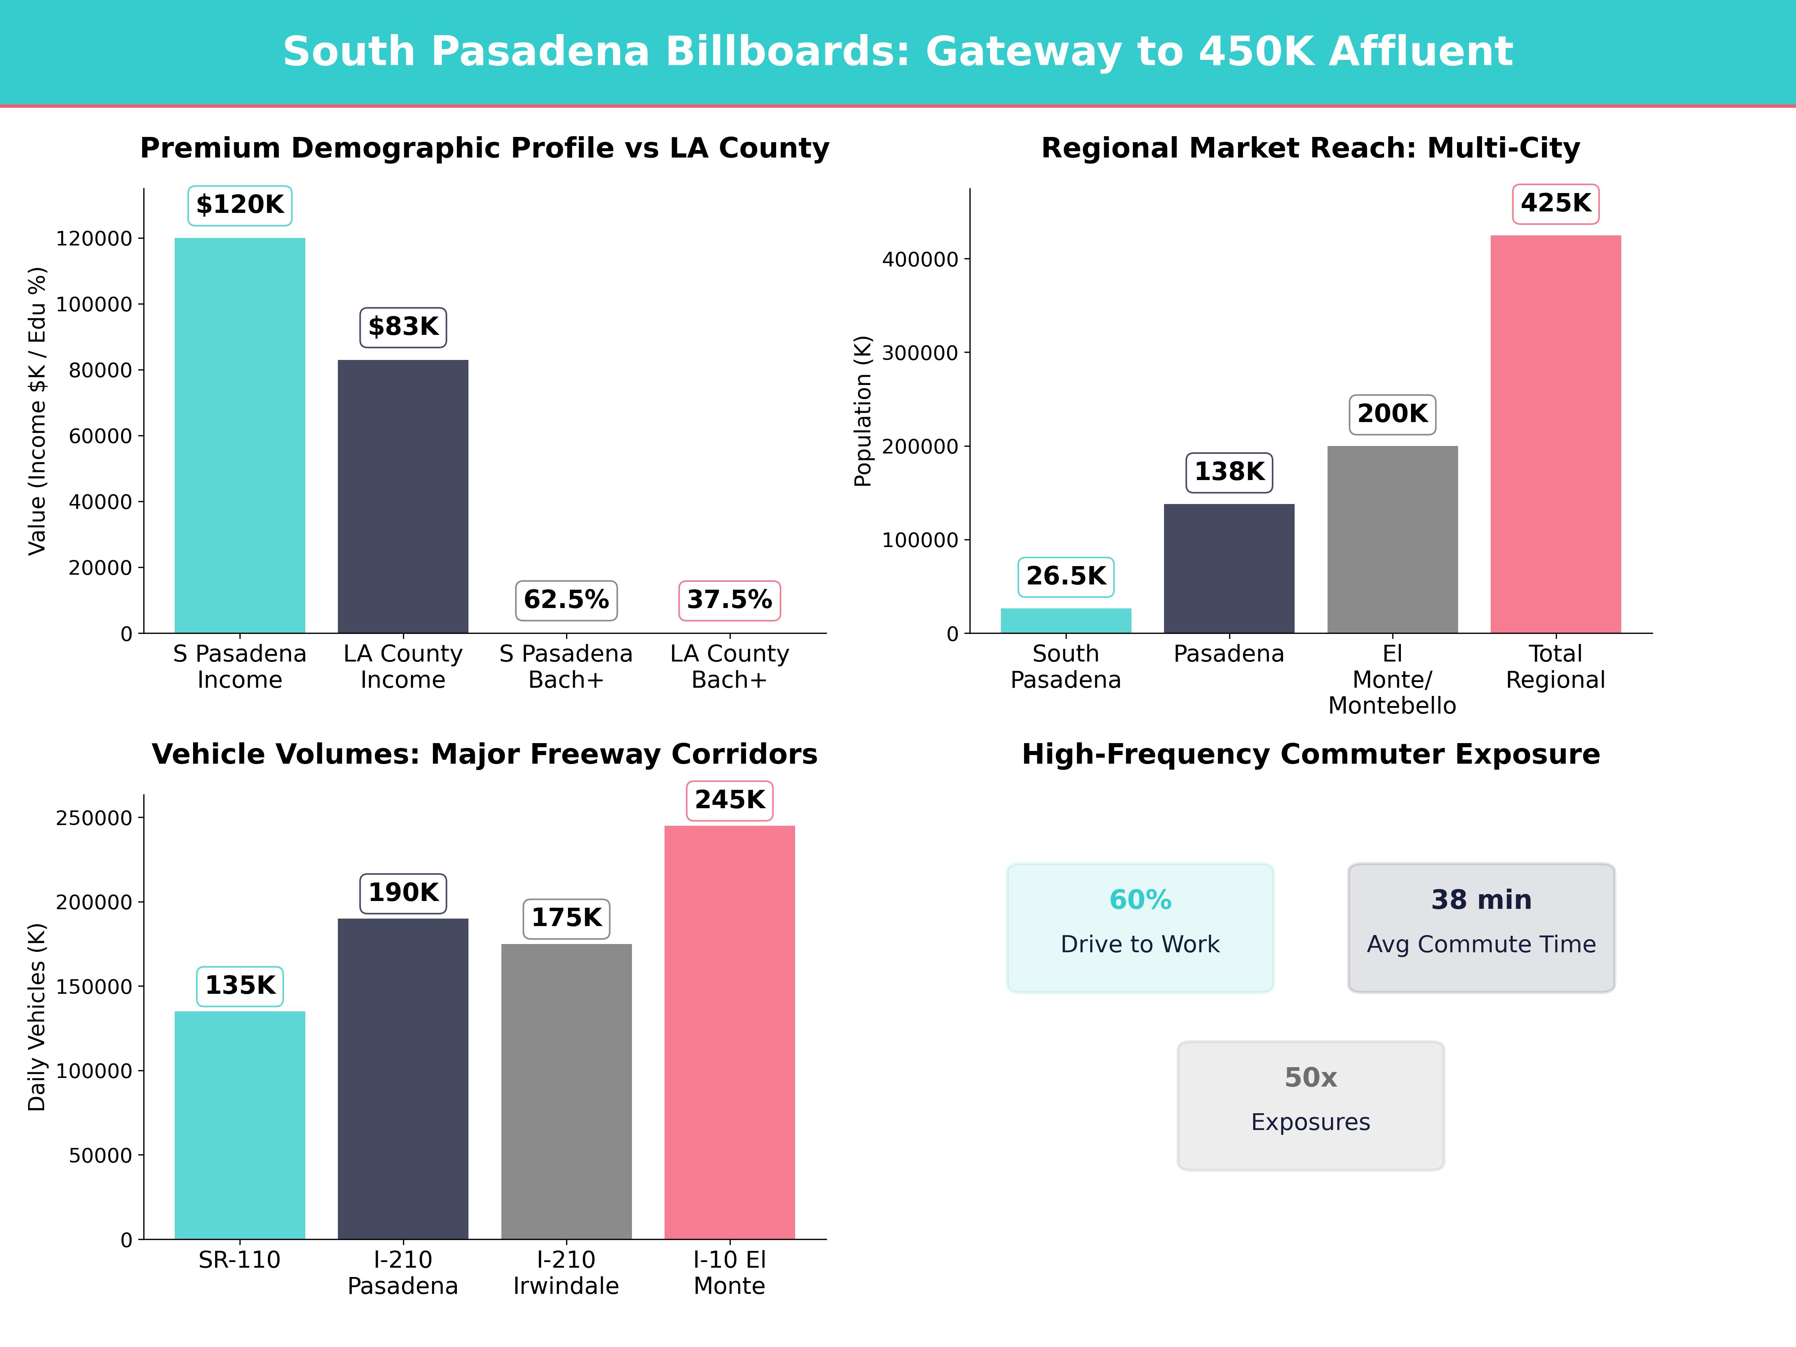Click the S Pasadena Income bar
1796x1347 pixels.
(239, 435)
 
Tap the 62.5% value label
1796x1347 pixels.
(566, 600)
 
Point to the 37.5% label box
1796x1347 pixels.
(729, 600)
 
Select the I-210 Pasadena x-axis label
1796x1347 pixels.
(403, 1272)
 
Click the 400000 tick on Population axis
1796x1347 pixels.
(920, 260)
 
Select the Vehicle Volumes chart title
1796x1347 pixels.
(485, 754)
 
